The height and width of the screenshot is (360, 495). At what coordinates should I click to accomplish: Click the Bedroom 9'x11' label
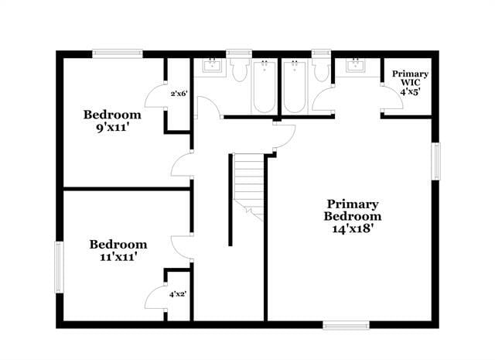point(112,121)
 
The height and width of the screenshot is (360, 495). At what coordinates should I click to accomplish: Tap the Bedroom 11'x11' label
point(118,250)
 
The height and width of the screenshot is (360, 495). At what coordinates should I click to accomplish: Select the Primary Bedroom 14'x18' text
point(353,216)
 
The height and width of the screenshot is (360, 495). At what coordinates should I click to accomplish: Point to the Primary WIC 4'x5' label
point(410,83)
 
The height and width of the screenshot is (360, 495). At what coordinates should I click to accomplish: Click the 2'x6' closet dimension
point(179,94)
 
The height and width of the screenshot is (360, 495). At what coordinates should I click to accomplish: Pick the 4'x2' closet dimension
point(178,294)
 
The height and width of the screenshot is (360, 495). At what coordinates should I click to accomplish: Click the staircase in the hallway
point(248,187)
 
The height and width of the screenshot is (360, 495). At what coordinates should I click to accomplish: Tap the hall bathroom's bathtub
point(264,87)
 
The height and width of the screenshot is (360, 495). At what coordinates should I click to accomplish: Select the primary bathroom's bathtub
point(295,87)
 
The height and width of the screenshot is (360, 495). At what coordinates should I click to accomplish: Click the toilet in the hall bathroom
point(239,70)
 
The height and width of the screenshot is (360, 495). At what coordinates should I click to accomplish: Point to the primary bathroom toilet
point(321,70)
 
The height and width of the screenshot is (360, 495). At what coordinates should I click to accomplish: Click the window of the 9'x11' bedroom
point(118,53)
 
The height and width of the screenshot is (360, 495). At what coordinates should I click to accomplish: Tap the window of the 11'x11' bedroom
point(59,267)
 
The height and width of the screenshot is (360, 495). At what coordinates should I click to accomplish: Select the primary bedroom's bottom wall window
point(346,325)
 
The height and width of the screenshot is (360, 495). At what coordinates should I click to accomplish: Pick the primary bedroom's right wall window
point(435,161)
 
